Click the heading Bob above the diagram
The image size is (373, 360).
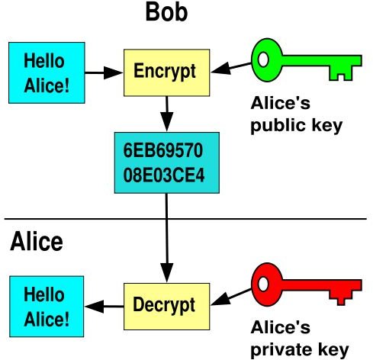click(166, 12)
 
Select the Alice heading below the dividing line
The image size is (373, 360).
click(37, 241)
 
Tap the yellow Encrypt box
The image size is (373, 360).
click(167, 72)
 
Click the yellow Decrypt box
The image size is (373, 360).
click(167, 307)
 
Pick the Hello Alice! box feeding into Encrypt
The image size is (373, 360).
click(47, 72)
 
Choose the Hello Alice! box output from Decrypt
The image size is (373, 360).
click(47, 307)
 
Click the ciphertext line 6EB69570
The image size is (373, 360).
click(163, 150)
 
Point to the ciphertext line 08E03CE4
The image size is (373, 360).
click(164, 175)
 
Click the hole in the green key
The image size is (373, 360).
click(263, 59)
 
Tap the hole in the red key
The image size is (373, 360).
click(263, 284)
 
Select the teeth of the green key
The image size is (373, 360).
click(341, 73)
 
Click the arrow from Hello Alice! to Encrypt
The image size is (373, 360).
click(104, 72)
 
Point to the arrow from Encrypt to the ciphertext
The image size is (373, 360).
click(167, 114)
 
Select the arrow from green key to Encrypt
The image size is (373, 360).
click(231, 68)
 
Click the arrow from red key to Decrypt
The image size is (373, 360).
click(231, 297)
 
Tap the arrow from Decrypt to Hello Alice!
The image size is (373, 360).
click(105, 307)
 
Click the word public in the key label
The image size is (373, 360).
click(278, 125)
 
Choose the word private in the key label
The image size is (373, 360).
click(281, 350)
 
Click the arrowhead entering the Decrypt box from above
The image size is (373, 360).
click(167, 272)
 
